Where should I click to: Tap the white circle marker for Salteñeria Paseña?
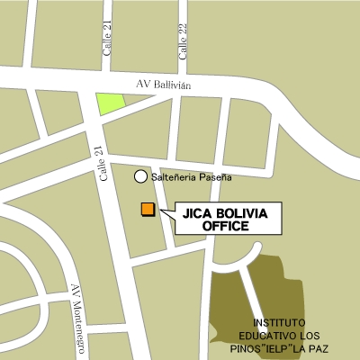[x=140, y=177]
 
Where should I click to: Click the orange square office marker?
[x=148, y=210]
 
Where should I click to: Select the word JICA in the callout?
[x=197, y=215]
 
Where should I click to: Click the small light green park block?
[x=110, y=103]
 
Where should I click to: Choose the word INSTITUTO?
[x=279, y=322]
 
